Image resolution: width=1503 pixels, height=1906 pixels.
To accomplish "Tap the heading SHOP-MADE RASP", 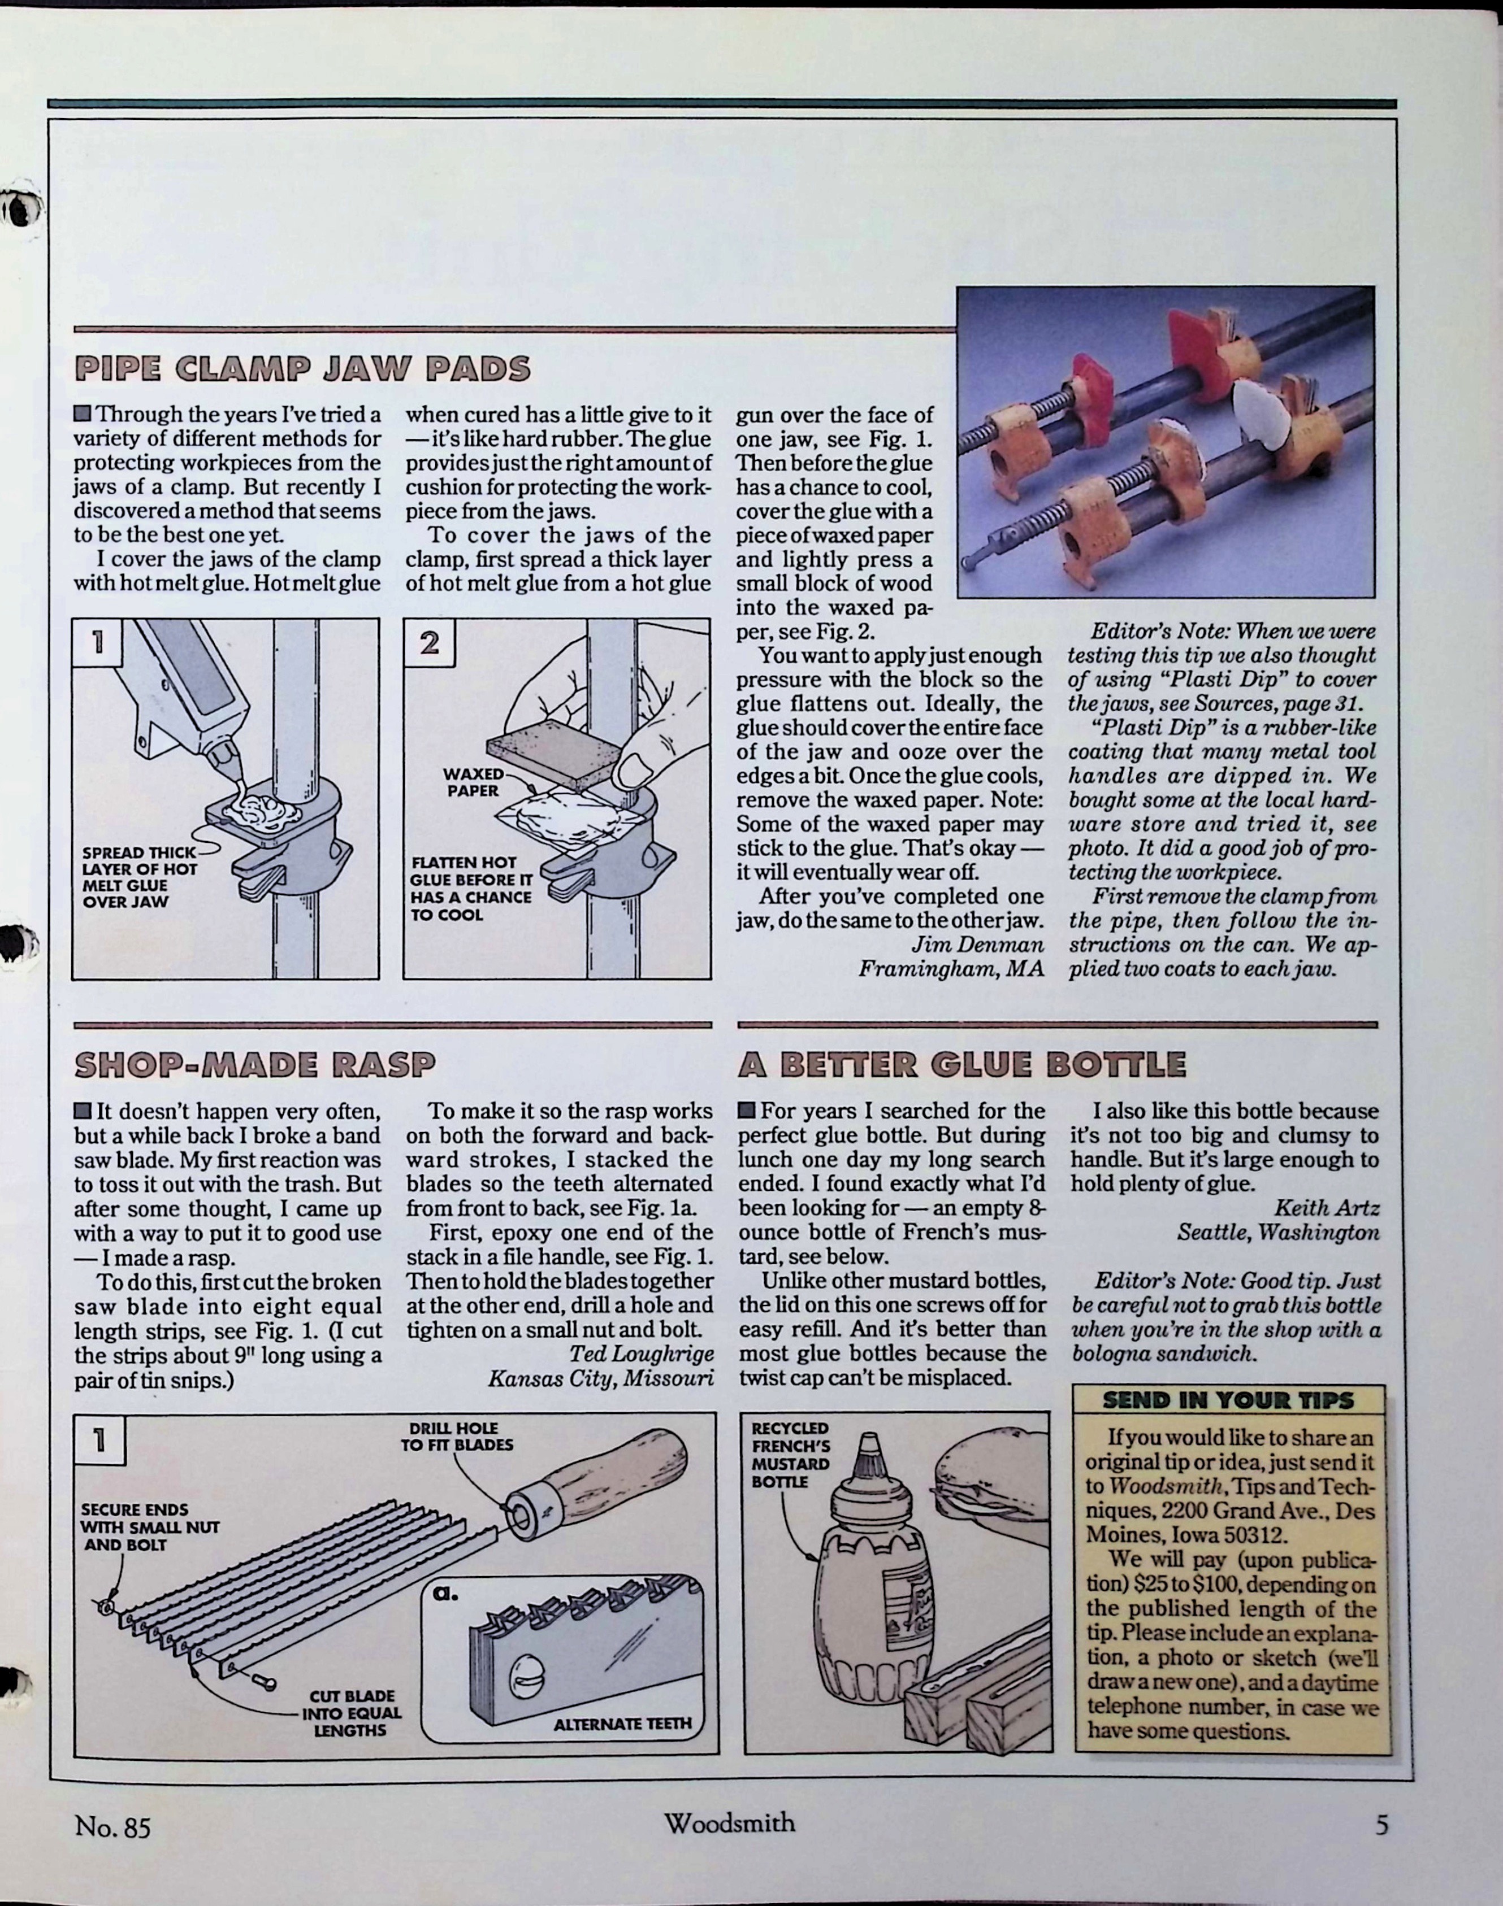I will click(254, 1065).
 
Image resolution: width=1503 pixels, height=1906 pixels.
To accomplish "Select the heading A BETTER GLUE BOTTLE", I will click(962, 1065).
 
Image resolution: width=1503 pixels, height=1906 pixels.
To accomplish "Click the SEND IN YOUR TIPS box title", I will click(1228, 1400).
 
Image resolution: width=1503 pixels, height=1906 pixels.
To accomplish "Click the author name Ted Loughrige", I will click(640, 1354).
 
